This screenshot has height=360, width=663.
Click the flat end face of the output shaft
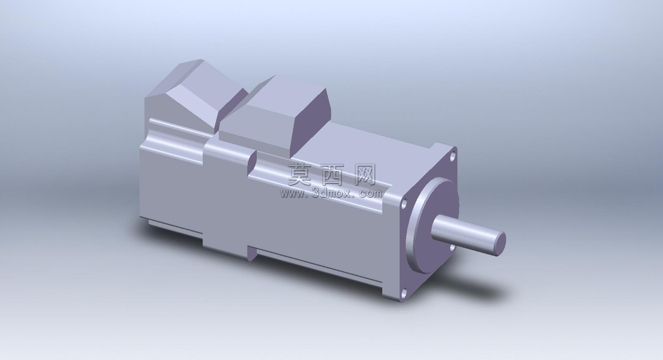[499, 244]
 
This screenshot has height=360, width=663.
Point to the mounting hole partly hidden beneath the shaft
[453, 248]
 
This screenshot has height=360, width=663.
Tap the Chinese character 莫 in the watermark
[300, 175]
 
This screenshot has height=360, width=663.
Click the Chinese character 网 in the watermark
[365, 175]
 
